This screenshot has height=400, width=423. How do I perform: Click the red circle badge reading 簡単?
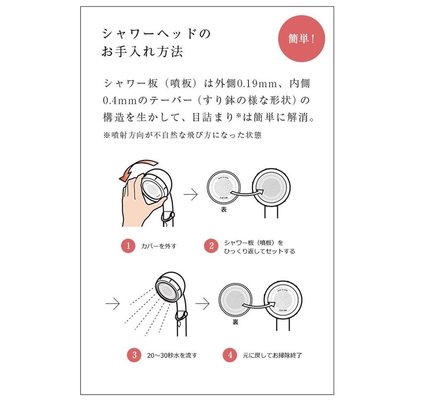pos(301,39)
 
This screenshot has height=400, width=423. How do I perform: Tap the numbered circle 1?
pos(128,246)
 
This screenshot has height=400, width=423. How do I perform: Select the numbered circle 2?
pos(211,246)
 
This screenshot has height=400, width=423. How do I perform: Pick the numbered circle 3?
pos(134,355)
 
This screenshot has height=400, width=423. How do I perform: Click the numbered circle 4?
pos(229,355)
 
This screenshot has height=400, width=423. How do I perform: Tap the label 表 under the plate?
pos(224,210)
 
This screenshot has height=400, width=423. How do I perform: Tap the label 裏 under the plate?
pos(235,322)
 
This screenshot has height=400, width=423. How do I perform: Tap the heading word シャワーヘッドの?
pos(156,34)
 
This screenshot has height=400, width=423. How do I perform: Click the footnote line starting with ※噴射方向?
pos(182,135)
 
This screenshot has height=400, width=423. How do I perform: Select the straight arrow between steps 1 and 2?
pos(190,195)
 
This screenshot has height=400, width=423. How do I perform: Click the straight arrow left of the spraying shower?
pos(112,304)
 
